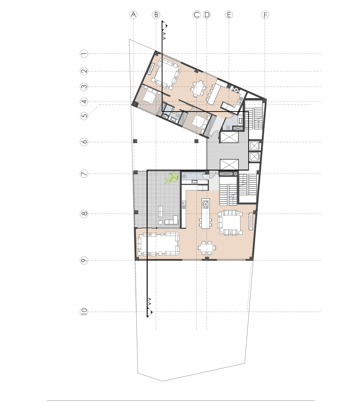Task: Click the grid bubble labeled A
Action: tap(133, 15)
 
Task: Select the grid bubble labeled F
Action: tap(265, 15)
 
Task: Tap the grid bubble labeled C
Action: tap(197, 15)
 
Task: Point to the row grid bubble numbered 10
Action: tap(84, 312)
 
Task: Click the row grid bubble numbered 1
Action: tap(84, 54)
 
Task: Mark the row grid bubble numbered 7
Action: tap(84, 174)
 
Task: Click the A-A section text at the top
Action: tap(164, 36)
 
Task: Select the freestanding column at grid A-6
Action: tap(135, 141)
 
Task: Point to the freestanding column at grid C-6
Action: tap(197, 141)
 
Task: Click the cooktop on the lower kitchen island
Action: tap(206, 204)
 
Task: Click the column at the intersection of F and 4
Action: tap(264, 101)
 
